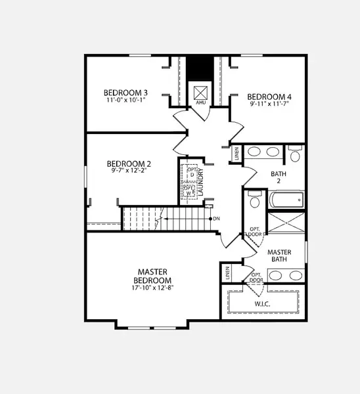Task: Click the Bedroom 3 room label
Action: click(125, 93)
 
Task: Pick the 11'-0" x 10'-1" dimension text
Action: click(125, 101)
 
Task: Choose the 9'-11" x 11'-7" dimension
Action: click(270, 104)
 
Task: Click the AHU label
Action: click(200, 104)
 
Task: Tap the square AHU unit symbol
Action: click(200, 91)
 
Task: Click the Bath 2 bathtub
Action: click(286, 200)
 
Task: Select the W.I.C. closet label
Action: click(262, 304)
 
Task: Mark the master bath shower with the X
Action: click(286, 221)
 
